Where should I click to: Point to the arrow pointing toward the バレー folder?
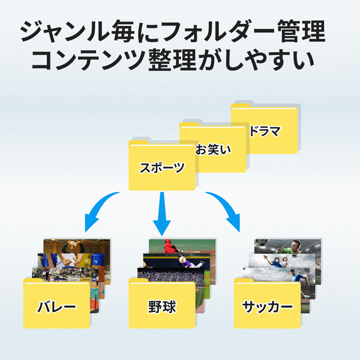coord(99,210)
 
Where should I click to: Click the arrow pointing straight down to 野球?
coord(161,213)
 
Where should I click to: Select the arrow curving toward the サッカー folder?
coord(225,210)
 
